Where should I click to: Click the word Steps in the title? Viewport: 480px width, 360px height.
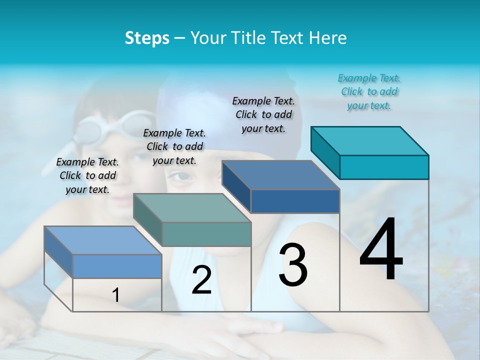(147, 38)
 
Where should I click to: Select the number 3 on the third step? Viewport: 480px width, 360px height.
(293, 265)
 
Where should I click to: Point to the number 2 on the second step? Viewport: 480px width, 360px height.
(201, 280)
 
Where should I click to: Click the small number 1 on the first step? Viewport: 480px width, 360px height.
(116, 295)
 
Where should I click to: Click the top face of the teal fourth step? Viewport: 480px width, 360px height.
(370, 140)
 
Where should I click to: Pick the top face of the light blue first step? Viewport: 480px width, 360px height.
(103, 240)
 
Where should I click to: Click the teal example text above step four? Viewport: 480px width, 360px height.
(369, 92)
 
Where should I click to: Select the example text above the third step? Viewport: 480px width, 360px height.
(263, 114)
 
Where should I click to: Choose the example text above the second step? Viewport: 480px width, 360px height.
(174, 146)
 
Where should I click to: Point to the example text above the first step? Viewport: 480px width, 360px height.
(87, 175)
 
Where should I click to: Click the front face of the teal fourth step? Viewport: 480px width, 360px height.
(384, 167)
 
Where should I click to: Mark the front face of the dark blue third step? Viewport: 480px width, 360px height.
(295, 201)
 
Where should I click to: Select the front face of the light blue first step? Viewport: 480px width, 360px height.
(117, 266)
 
